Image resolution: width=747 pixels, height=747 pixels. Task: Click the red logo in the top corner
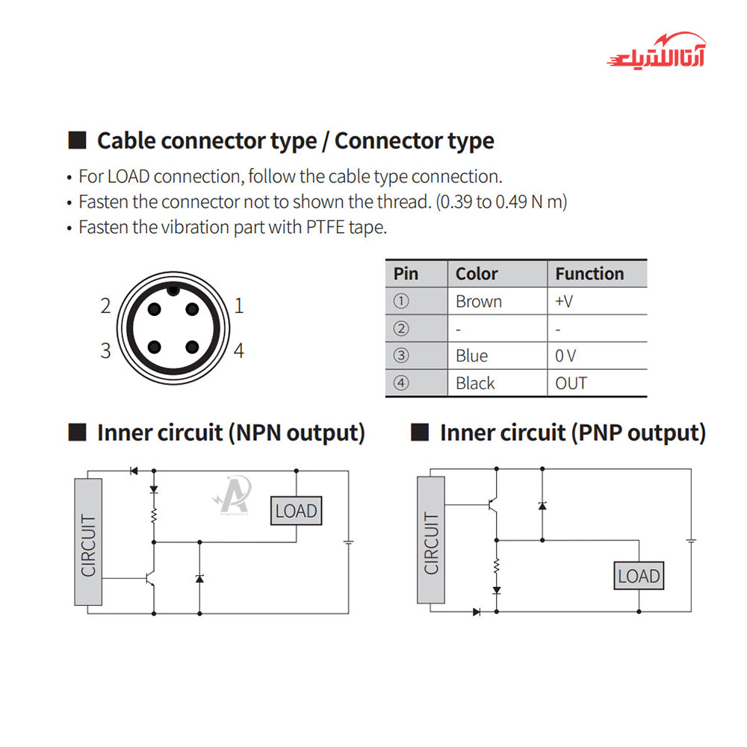656,51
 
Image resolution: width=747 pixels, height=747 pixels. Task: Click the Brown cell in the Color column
479,302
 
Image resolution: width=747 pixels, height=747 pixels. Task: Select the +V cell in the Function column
564,302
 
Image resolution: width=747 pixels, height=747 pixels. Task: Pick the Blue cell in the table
471,356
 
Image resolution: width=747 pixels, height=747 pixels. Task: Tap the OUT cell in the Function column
571,383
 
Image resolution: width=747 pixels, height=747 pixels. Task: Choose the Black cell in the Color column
475,383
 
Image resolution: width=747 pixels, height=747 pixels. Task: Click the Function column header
589,273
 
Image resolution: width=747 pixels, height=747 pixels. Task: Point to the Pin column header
406,273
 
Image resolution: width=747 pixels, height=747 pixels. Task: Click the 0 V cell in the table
565,356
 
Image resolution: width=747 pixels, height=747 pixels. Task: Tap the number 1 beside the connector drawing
239,306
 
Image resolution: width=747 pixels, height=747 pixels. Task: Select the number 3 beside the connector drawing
105,350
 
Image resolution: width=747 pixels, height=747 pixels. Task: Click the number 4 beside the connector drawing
239,350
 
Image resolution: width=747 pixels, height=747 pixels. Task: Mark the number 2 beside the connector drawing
105,306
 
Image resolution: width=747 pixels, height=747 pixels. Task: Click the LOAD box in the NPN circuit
297,512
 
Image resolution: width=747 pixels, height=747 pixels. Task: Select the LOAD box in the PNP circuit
639,576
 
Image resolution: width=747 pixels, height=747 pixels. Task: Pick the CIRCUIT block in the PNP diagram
431,541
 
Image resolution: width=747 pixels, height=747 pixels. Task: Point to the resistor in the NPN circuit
154,515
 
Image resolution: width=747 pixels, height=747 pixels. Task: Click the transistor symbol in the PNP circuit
494,506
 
